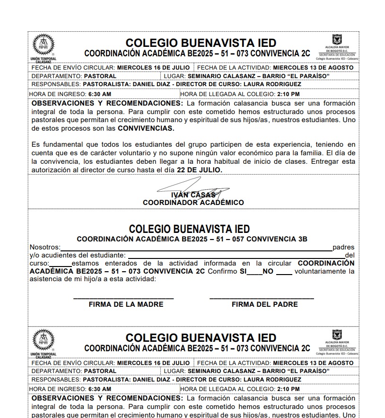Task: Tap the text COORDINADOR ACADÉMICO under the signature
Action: click(193, 203)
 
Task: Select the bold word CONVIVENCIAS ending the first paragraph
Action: click(146, 128)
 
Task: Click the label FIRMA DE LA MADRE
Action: click(126, 304)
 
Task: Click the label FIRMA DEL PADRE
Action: click(264, 304)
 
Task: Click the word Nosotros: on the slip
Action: click(45, 247)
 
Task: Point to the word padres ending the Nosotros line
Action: click(343, 247)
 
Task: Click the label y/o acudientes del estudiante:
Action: click(78, 255)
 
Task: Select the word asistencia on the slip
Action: click(46, 279)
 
